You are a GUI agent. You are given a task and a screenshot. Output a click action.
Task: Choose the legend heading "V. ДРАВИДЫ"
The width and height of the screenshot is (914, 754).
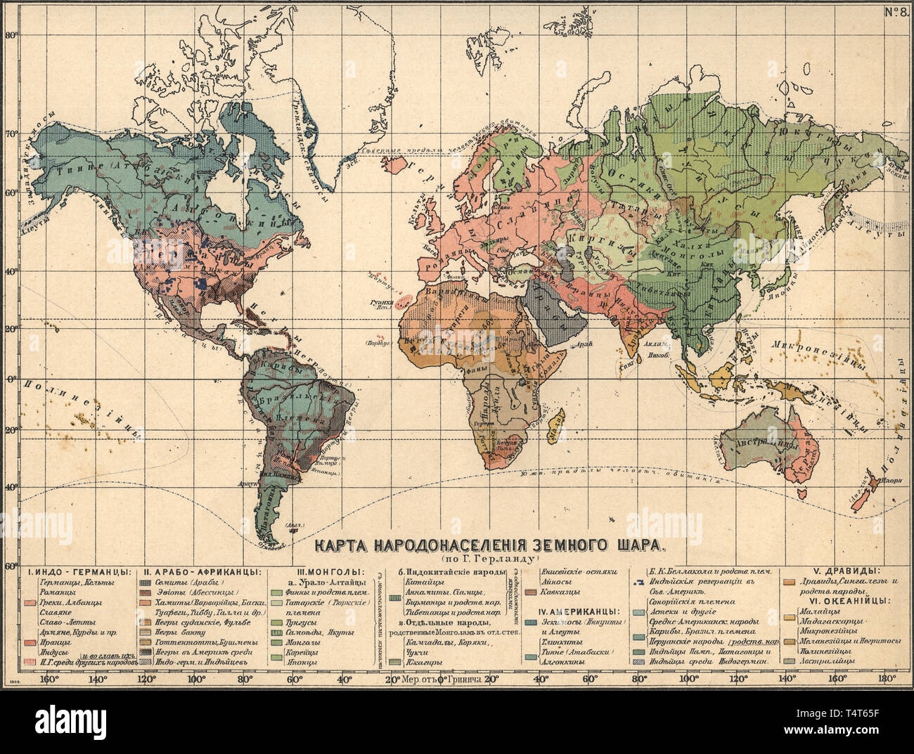838,571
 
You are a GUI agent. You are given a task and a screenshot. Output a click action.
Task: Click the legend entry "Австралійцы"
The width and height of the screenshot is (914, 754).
833,661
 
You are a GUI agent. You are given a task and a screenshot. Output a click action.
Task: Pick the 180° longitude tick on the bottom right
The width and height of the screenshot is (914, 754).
884,679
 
